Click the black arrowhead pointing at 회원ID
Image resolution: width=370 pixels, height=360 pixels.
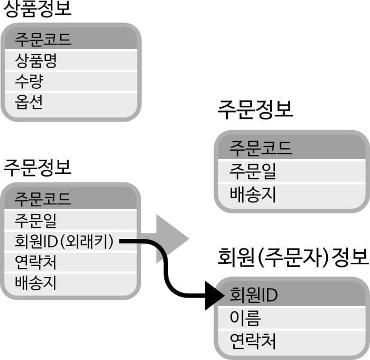[x=216, y=294]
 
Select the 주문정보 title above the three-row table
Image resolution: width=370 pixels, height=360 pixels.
[x=255, y=111]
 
